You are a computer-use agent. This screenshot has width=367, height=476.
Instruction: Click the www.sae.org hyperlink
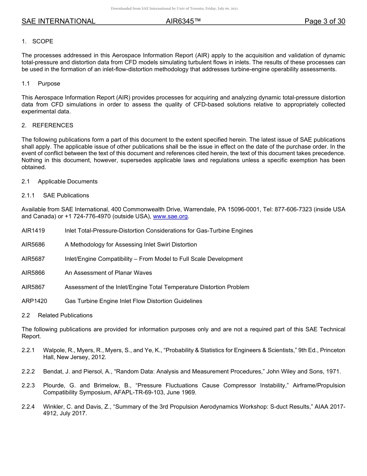pyautogui.click(x=170, y=217)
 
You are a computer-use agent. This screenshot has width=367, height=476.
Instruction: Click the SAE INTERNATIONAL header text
pyautogui.click(x=58, y=21)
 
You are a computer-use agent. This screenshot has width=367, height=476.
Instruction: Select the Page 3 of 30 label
pyautogui.click(x=325, y=21)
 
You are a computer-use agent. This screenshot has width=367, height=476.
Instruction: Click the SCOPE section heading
pyautogui.click(x=42, y=41)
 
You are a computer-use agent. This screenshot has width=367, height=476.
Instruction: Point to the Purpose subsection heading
pyautogui.click(x=49, y=84)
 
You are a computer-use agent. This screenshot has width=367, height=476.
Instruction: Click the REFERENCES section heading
pyautogui.click(x=53, y=125)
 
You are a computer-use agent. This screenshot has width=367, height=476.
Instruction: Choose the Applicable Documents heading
pyautogui.click(x=68, y=181)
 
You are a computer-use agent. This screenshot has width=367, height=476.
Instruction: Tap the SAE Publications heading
pyautogui.click(x=66, y=195)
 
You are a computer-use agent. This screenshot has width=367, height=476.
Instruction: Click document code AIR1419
pyautogui.click(x=33, y=231)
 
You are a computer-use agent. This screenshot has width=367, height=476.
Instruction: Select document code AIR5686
pyautogui.click(x=33, y=245)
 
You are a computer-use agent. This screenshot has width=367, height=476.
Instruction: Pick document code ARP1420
pyautogui.click(x=34, y=301)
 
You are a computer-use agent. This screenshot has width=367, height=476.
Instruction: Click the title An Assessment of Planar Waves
pyautogui.click(x=108, y=273)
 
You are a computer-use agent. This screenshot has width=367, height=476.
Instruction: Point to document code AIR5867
pyautogui.click(x=33, y=287)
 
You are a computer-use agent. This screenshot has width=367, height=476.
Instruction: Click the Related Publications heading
pyautogui.click(x=65, y=315)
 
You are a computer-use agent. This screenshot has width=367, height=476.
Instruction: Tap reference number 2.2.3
pyautogui.click(x=28, y=385)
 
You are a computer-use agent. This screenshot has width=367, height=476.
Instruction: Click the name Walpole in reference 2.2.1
pyautogui.click(x=54, y=350)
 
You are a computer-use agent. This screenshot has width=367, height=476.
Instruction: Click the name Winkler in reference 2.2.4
pyautogui.click(x=53, y=407)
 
